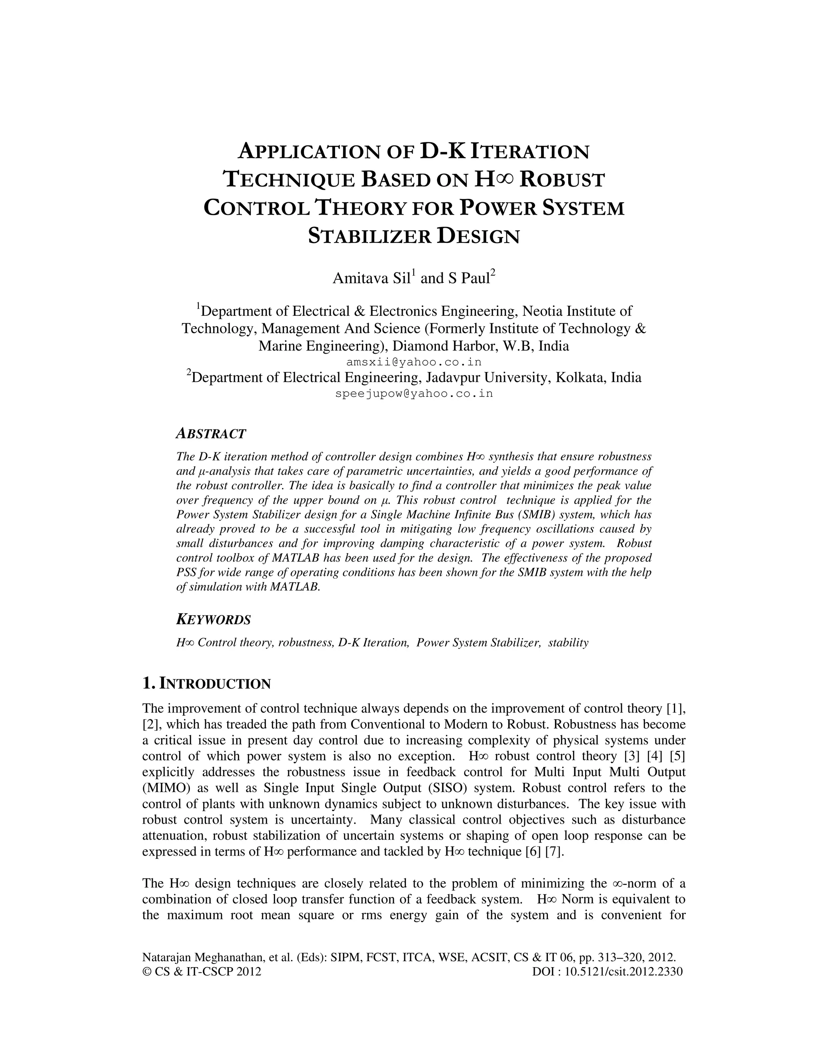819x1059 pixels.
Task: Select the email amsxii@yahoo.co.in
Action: tap(413, 362)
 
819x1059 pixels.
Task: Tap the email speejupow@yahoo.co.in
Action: tap(413, 393)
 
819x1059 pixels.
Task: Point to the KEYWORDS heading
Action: tap(213, 620)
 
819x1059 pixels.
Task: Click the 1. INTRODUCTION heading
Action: tap(206, 684)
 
